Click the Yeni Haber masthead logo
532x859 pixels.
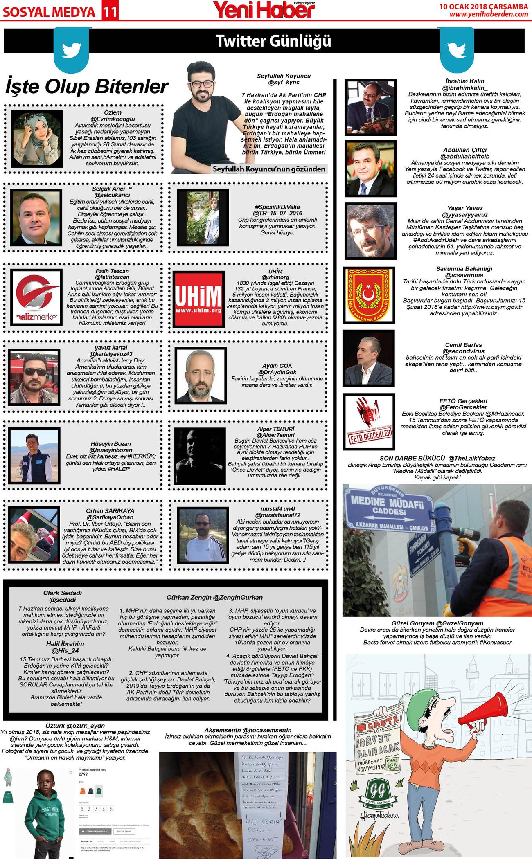coord(264,10)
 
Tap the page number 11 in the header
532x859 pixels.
coord(109,12)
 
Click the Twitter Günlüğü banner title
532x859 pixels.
coord(273,41)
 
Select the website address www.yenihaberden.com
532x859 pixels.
coord(489,14)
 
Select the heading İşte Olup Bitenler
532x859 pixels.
coord(87,87)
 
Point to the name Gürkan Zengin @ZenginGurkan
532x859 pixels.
coord(214,598)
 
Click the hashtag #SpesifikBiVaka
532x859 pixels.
coord(277,207)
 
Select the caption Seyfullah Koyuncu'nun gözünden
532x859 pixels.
coord(269,169)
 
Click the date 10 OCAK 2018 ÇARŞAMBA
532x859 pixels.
coord(483,6)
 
